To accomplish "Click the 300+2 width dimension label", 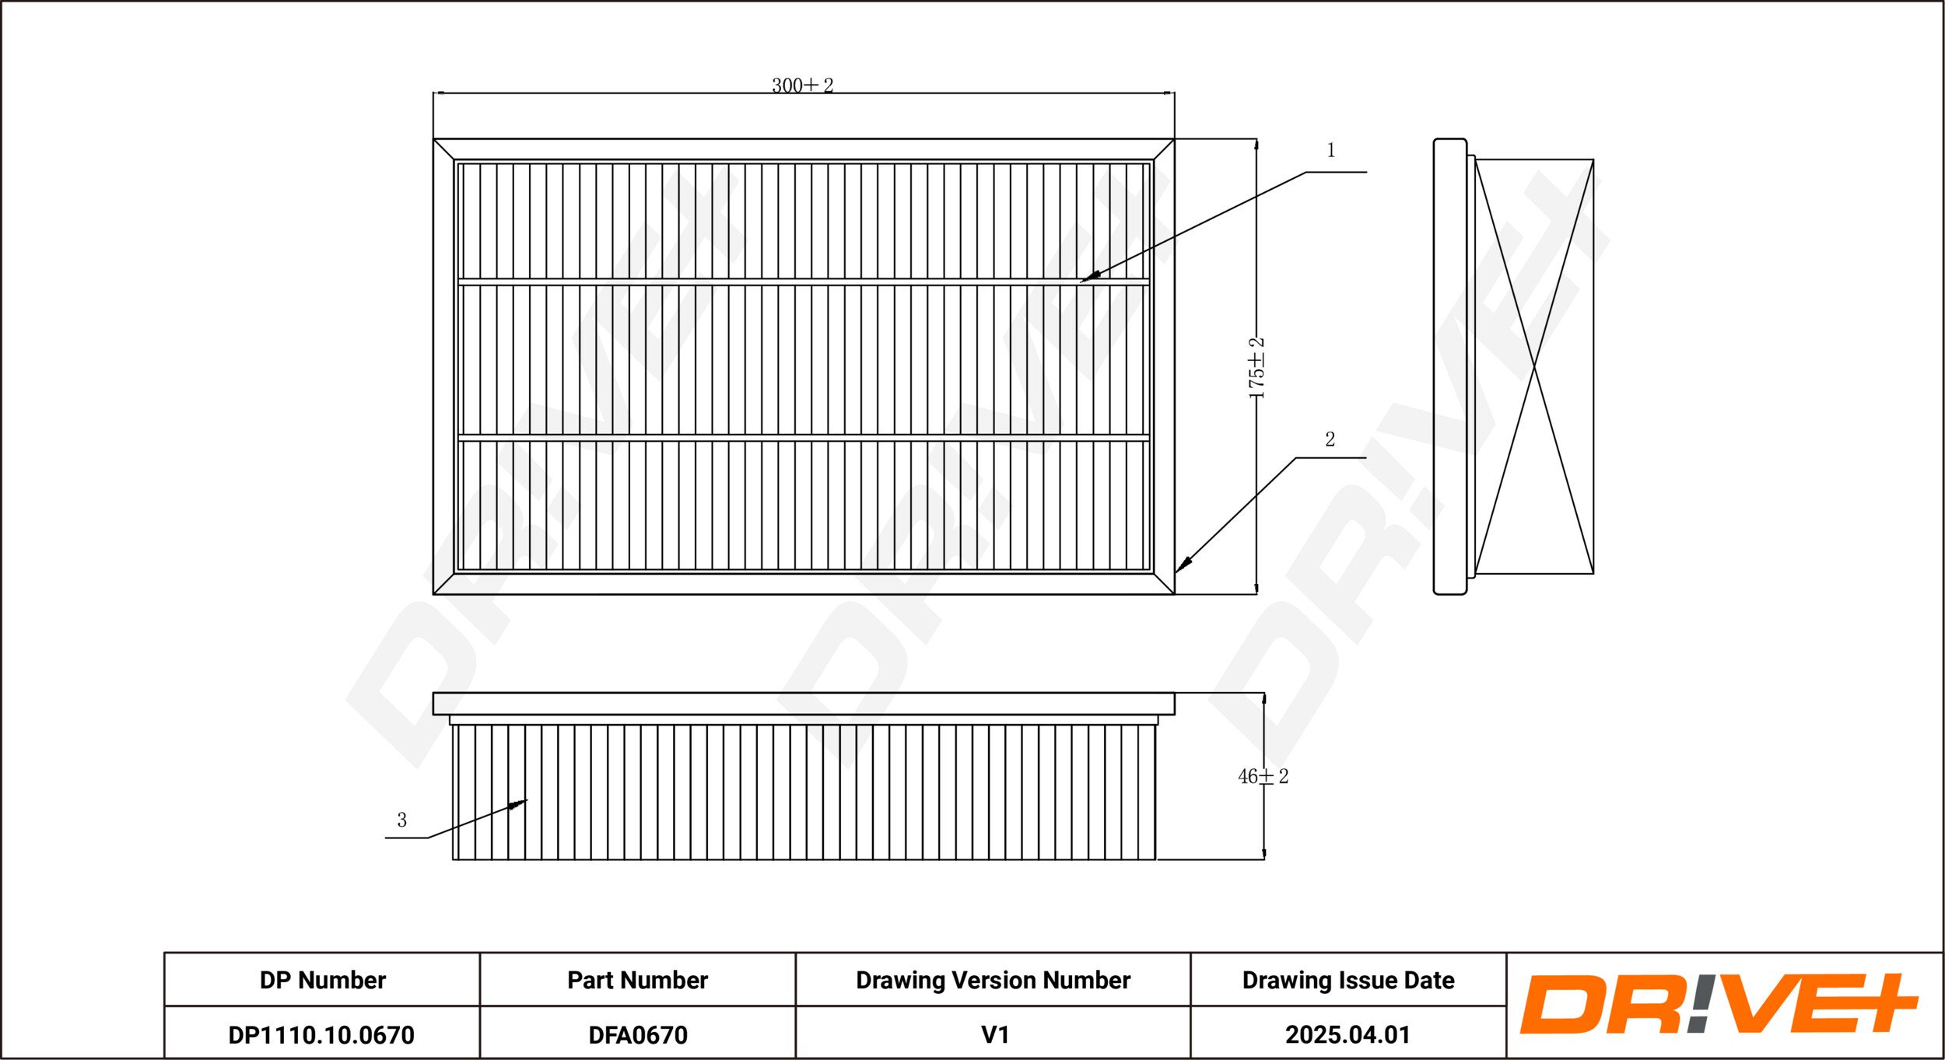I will [802, 86].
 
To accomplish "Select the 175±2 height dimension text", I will [1256, 368].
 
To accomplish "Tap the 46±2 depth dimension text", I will [1263, 776].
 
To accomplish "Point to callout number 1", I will [1330, 150].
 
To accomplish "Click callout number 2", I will [1330, 439].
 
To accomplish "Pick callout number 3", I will [401, 820].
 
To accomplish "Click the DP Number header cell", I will [322, 980].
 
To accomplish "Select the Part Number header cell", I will [637, 980].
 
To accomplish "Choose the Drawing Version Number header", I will [993, 980].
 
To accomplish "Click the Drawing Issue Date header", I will [1347, 980].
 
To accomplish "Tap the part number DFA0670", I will [637, 1035].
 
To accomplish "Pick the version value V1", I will [994, 1035].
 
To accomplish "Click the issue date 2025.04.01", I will [1347, 1035].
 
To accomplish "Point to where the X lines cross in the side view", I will [1533, 368].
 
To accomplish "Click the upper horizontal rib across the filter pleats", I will [804, 282].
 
